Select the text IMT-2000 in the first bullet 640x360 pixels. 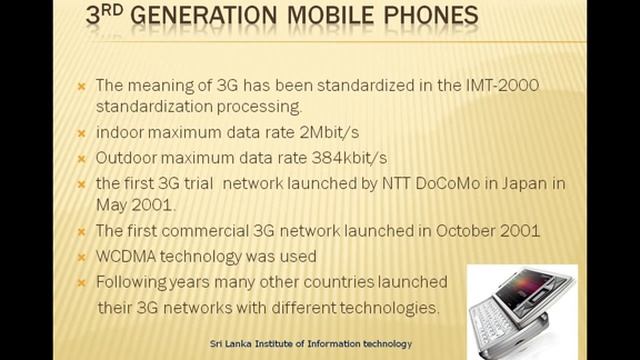[x=499, y=86]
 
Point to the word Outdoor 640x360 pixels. [x=126, y=158]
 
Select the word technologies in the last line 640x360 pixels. [x=391, y=307]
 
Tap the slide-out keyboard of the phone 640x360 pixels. [x=500, y=321]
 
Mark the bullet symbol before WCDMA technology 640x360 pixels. [x=83, y=257]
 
